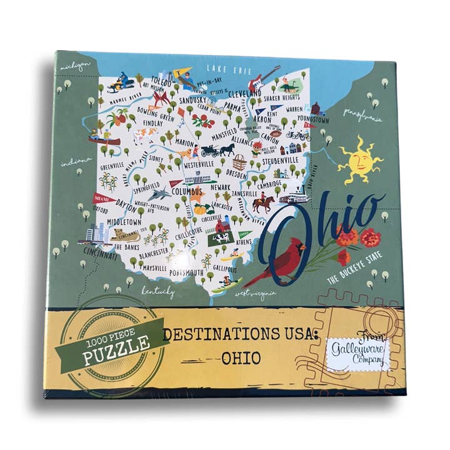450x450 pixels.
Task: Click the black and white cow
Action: (x=221, y=238)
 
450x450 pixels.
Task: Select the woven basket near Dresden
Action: (x=239, y=165)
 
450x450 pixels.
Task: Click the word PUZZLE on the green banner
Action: (x=117, y=347)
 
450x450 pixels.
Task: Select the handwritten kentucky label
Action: (x=156, y=291)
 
